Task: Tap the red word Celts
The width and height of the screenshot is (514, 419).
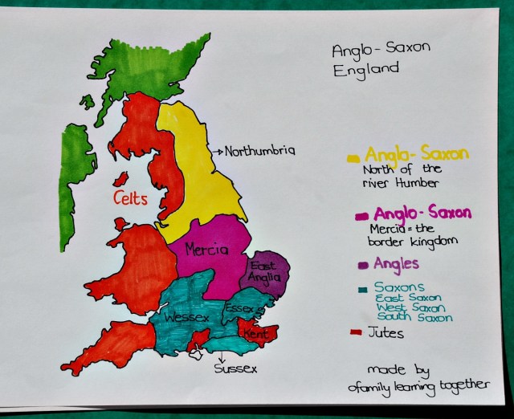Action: tap(130, 197)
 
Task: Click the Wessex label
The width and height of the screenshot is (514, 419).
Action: tap(186, 318)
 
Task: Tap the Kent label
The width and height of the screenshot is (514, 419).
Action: tap(256, 332)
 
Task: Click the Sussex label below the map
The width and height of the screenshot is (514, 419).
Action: tap(235, 369)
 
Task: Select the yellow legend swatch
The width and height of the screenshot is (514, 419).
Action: tap(353, 158)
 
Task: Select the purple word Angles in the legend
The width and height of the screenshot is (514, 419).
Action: tap(396, 263)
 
